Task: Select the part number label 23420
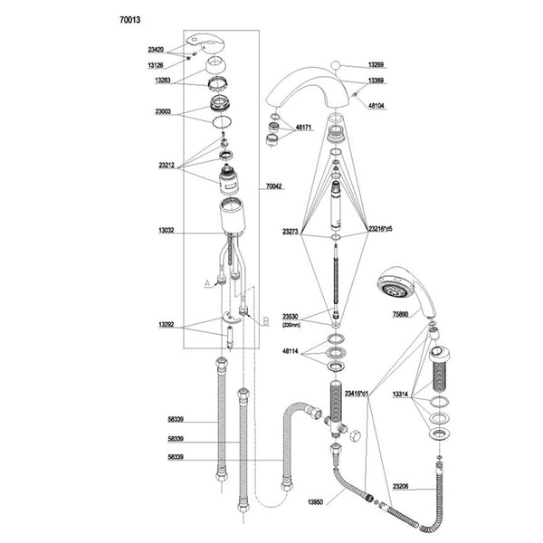[155, 51]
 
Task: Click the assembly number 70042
[273, 187]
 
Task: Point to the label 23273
[291, 232]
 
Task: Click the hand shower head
[395, 287]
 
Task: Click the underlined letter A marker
[206, 283]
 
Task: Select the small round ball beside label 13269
[337, 65]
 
